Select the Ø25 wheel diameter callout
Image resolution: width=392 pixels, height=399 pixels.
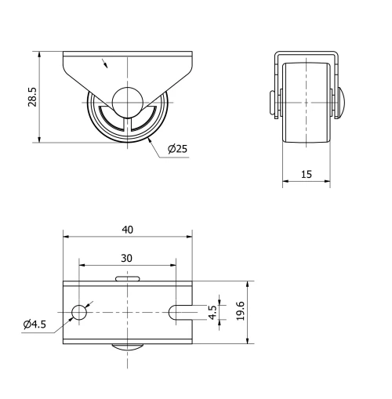tap(179, 149)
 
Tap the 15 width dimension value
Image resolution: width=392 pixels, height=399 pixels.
tap(306, 175)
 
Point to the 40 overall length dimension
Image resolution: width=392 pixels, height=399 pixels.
tap(127, 229)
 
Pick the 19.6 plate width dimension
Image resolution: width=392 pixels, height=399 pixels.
tap(240, 311)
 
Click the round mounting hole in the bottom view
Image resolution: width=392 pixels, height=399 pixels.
tap(79, 312)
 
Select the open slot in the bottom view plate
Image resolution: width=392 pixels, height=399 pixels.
tap(180, 312)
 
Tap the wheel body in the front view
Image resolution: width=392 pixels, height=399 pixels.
tap(307, 101)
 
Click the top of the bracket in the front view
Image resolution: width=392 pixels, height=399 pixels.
tap(307, 53)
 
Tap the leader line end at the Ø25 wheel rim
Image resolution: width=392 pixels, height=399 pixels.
tap(150, 140)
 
